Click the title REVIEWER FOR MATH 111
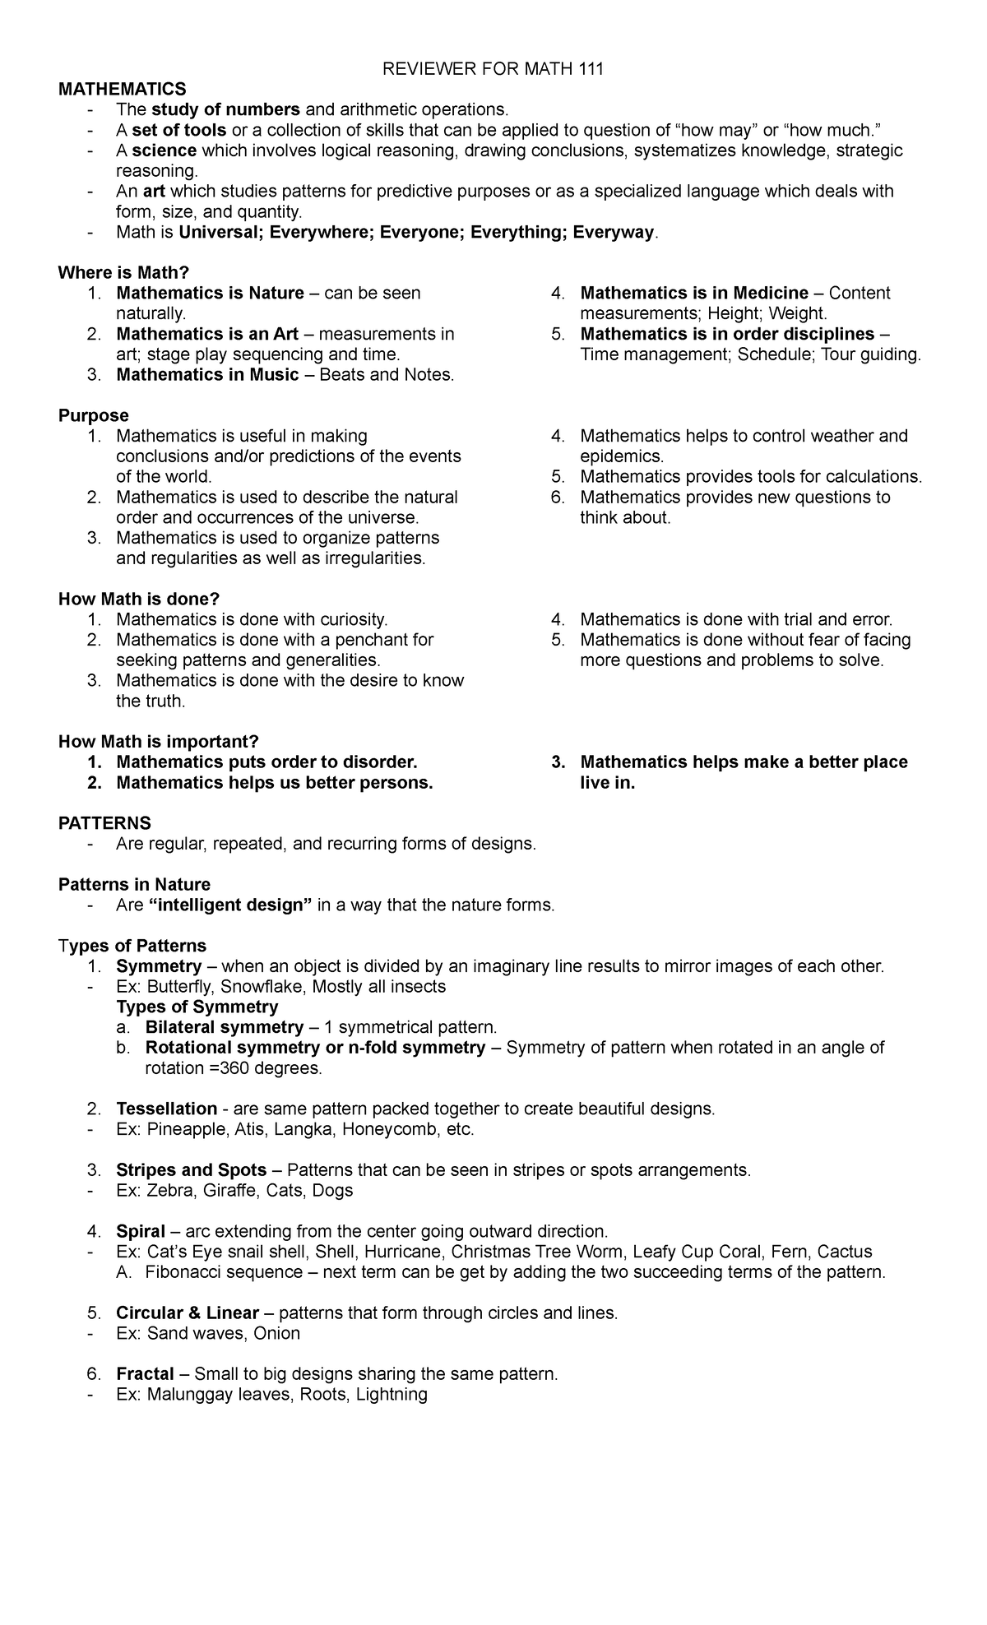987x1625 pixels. pos(493,69)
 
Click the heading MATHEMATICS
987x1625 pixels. pos(122,89)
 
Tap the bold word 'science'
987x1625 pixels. pos(164,150)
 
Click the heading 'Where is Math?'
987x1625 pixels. pos(123,272)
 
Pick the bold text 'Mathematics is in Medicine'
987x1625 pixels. pos(693,293)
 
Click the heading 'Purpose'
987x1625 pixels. pos(93,415)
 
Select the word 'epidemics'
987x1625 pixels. pos(620,456)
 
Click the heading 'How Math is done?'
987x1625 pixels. pos(139,599)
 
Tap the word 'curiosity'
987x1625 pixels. pos(350,619)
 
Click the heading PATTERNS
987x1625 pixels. pos(104,823)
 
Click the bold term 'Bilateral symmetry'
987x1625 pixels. pos(224,1027)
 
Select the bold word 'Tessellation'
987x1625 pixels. pos(166,1109)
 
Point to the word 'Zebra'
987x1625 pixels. pos(169,1191)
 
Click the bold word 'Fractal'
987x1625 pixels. pos(145,1374)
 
